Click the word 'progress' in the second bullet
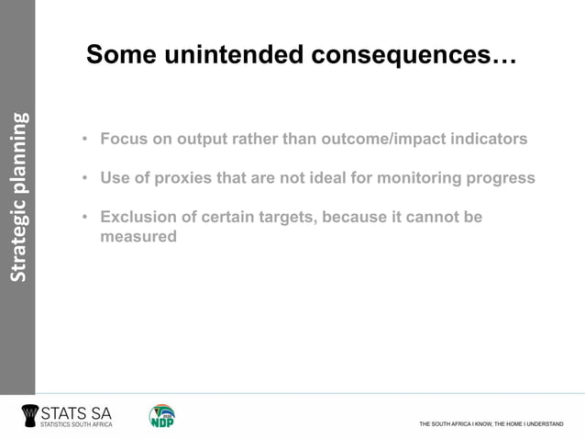[x=502, y=178]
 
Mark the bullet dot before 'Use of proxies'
[x=84, y=178]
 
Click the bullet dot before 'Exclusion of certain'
[x=84, y=217]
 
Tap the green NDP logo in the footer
[x=162, y=415]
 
